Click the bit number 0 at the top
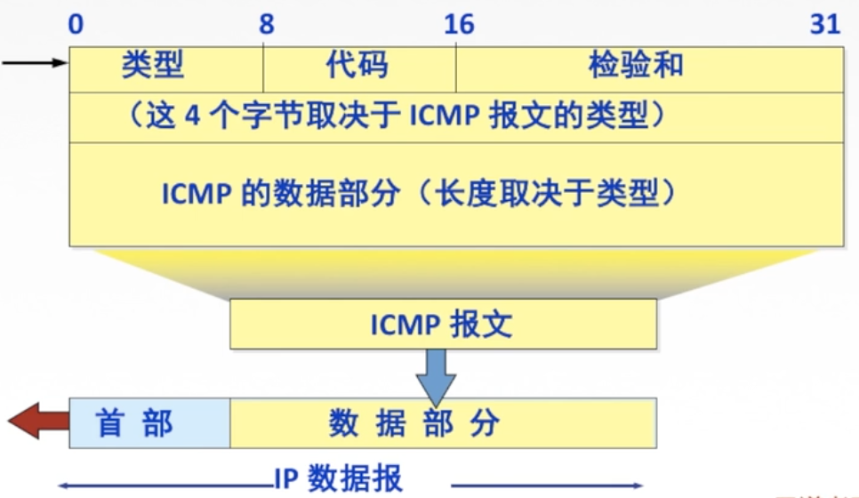(x=76, y=24)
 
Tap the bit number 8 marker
(x=266, y=24)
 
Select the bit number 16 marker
(x=459, y=24)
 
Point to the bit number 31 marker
(x=825, y=24)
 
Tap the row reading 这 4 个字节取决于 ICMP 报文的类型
(x=455, y=116)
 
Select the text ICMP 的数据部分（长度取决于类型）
(x=418, y=194)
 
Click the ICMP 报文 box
(x=443, y=324)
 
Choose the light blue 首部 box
(x=149, y=423)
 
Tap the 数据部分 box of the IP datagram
(x=443, y=423)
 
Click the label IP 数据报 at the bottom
(x=337, y=478)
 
